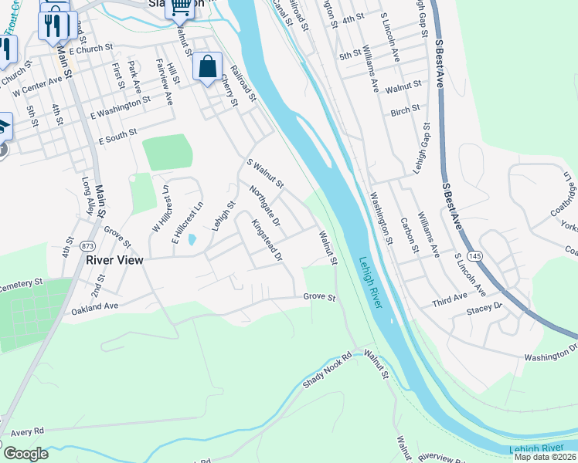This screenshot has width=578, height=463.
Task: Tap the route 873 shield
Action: click(88, 245)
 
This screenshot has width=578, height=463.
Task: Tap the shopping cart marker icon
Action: click(179, 8)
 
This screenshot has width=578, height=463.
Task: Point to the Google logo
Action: click(25, 453)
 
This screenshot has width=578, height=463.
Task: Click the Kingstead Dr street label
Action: click(267, 240)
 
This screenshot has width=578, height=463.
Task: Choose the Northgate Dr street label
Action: click(264, 205)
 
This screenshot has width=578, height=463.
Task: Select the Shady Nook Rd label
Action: click(327, 370)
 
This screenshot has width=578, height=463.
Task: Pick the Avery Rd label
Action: click(28, 431)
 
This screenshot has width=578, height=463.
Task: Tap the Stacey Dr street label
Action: click(484, 306)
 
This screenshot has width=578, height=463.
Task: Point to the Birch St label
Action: click(405, 110)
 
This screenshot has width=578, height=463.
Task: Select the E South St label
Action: click(117, 137)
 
